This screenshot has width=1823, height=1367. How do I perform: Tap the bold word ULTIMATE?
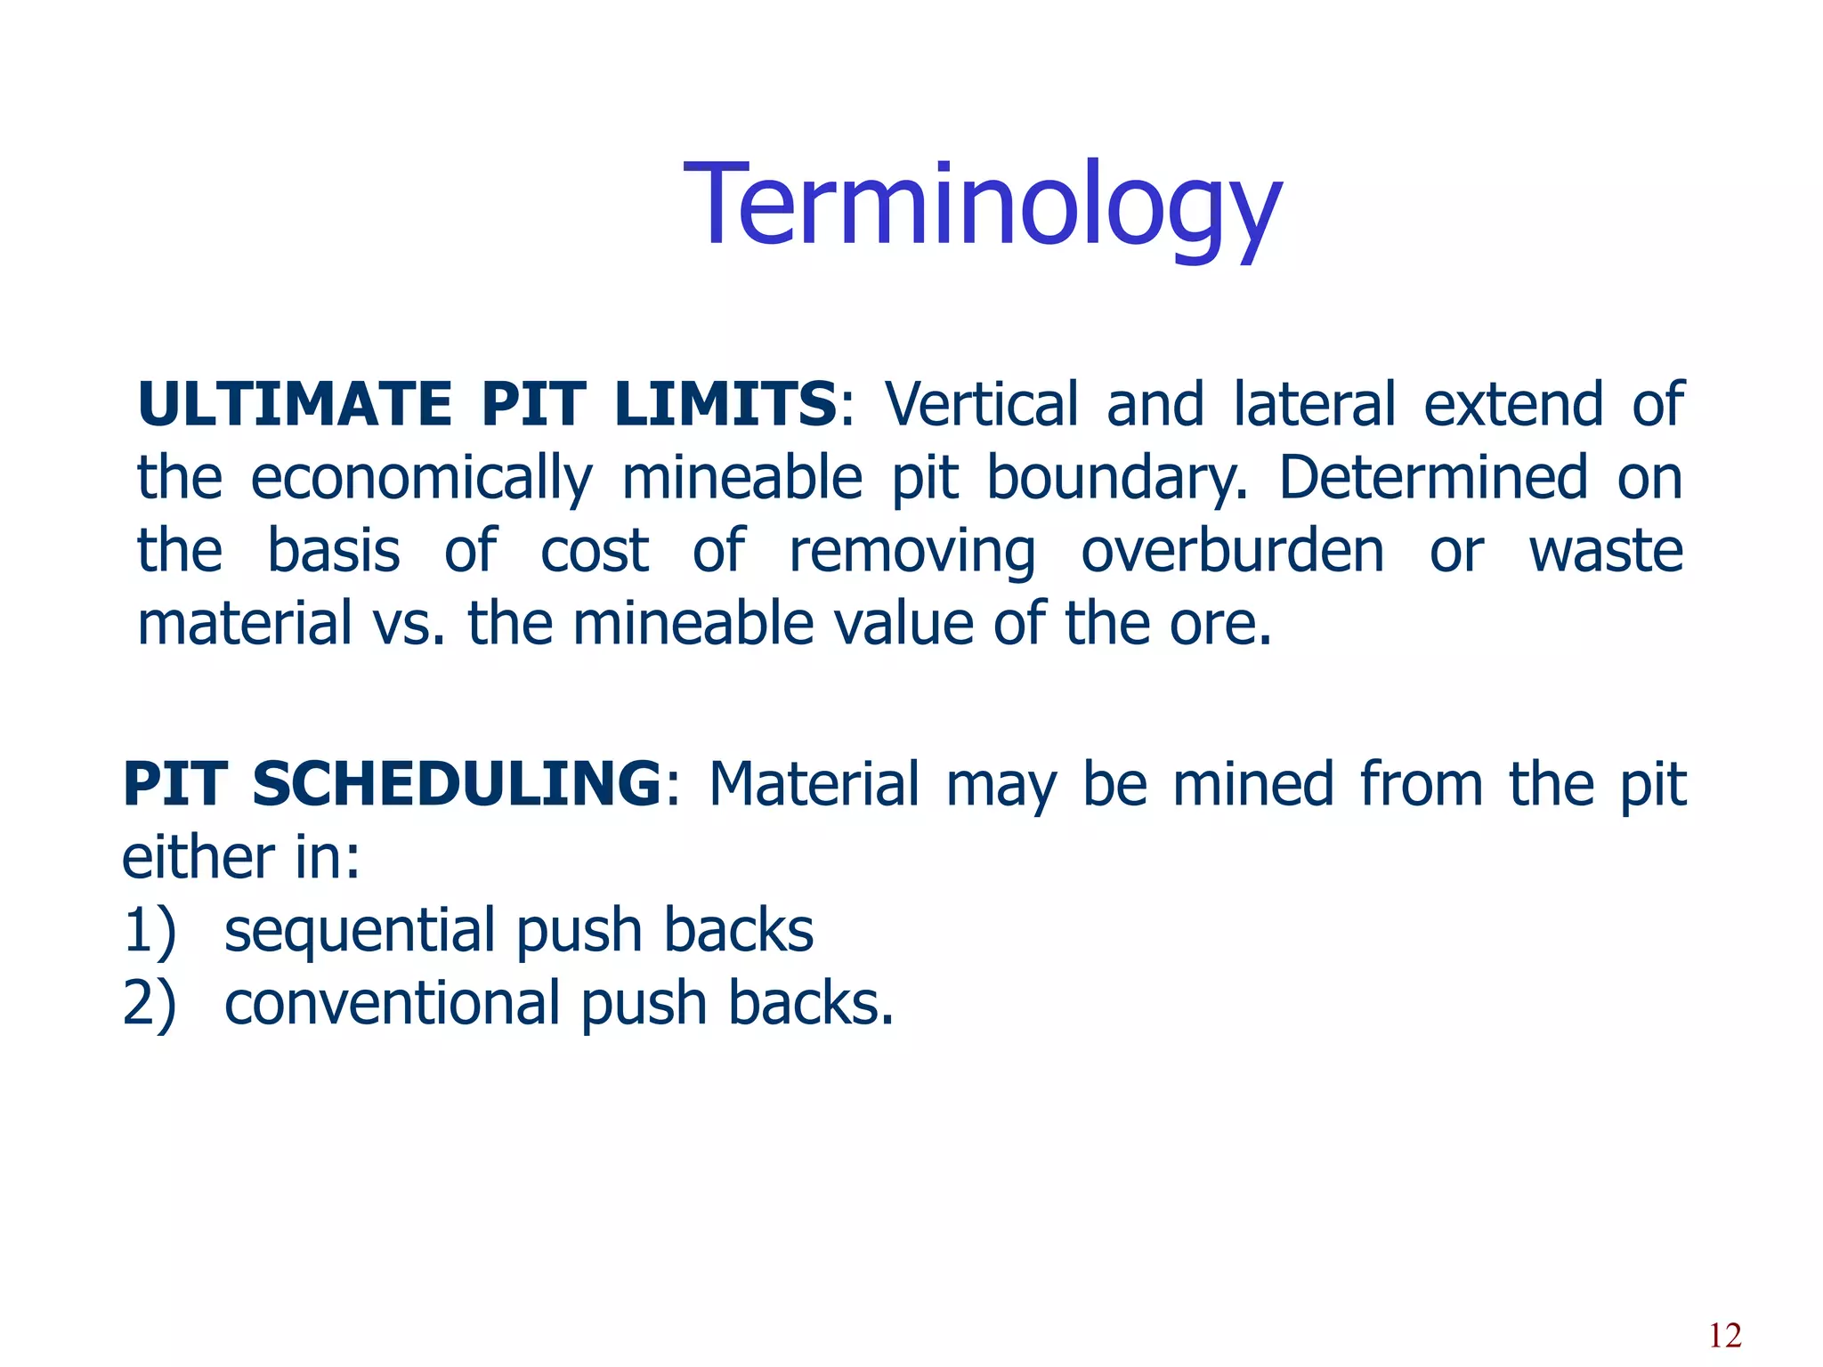(295, 405)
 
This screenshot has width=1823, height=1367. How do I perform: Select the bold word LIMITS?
(725, 405)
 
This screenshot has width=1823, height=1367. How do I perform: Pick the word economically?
(421, 479)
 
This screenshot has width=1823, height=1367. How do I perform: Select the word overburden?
(1233, 551)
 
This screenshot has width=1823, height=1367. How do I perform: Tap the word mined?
(1253, 785)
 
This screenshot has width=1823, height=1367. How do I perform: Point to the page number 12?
(1725, 1336)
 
